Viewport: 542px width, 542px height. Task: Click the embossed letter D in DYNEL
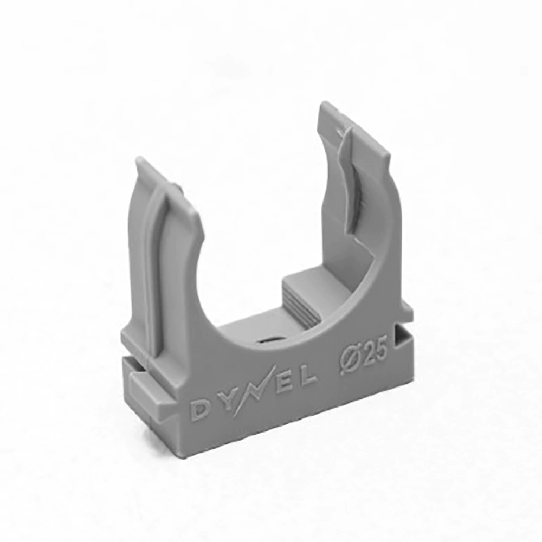coord(199,411)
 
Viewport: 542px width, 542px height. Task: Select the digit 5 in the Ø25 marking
coord(380,349)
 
